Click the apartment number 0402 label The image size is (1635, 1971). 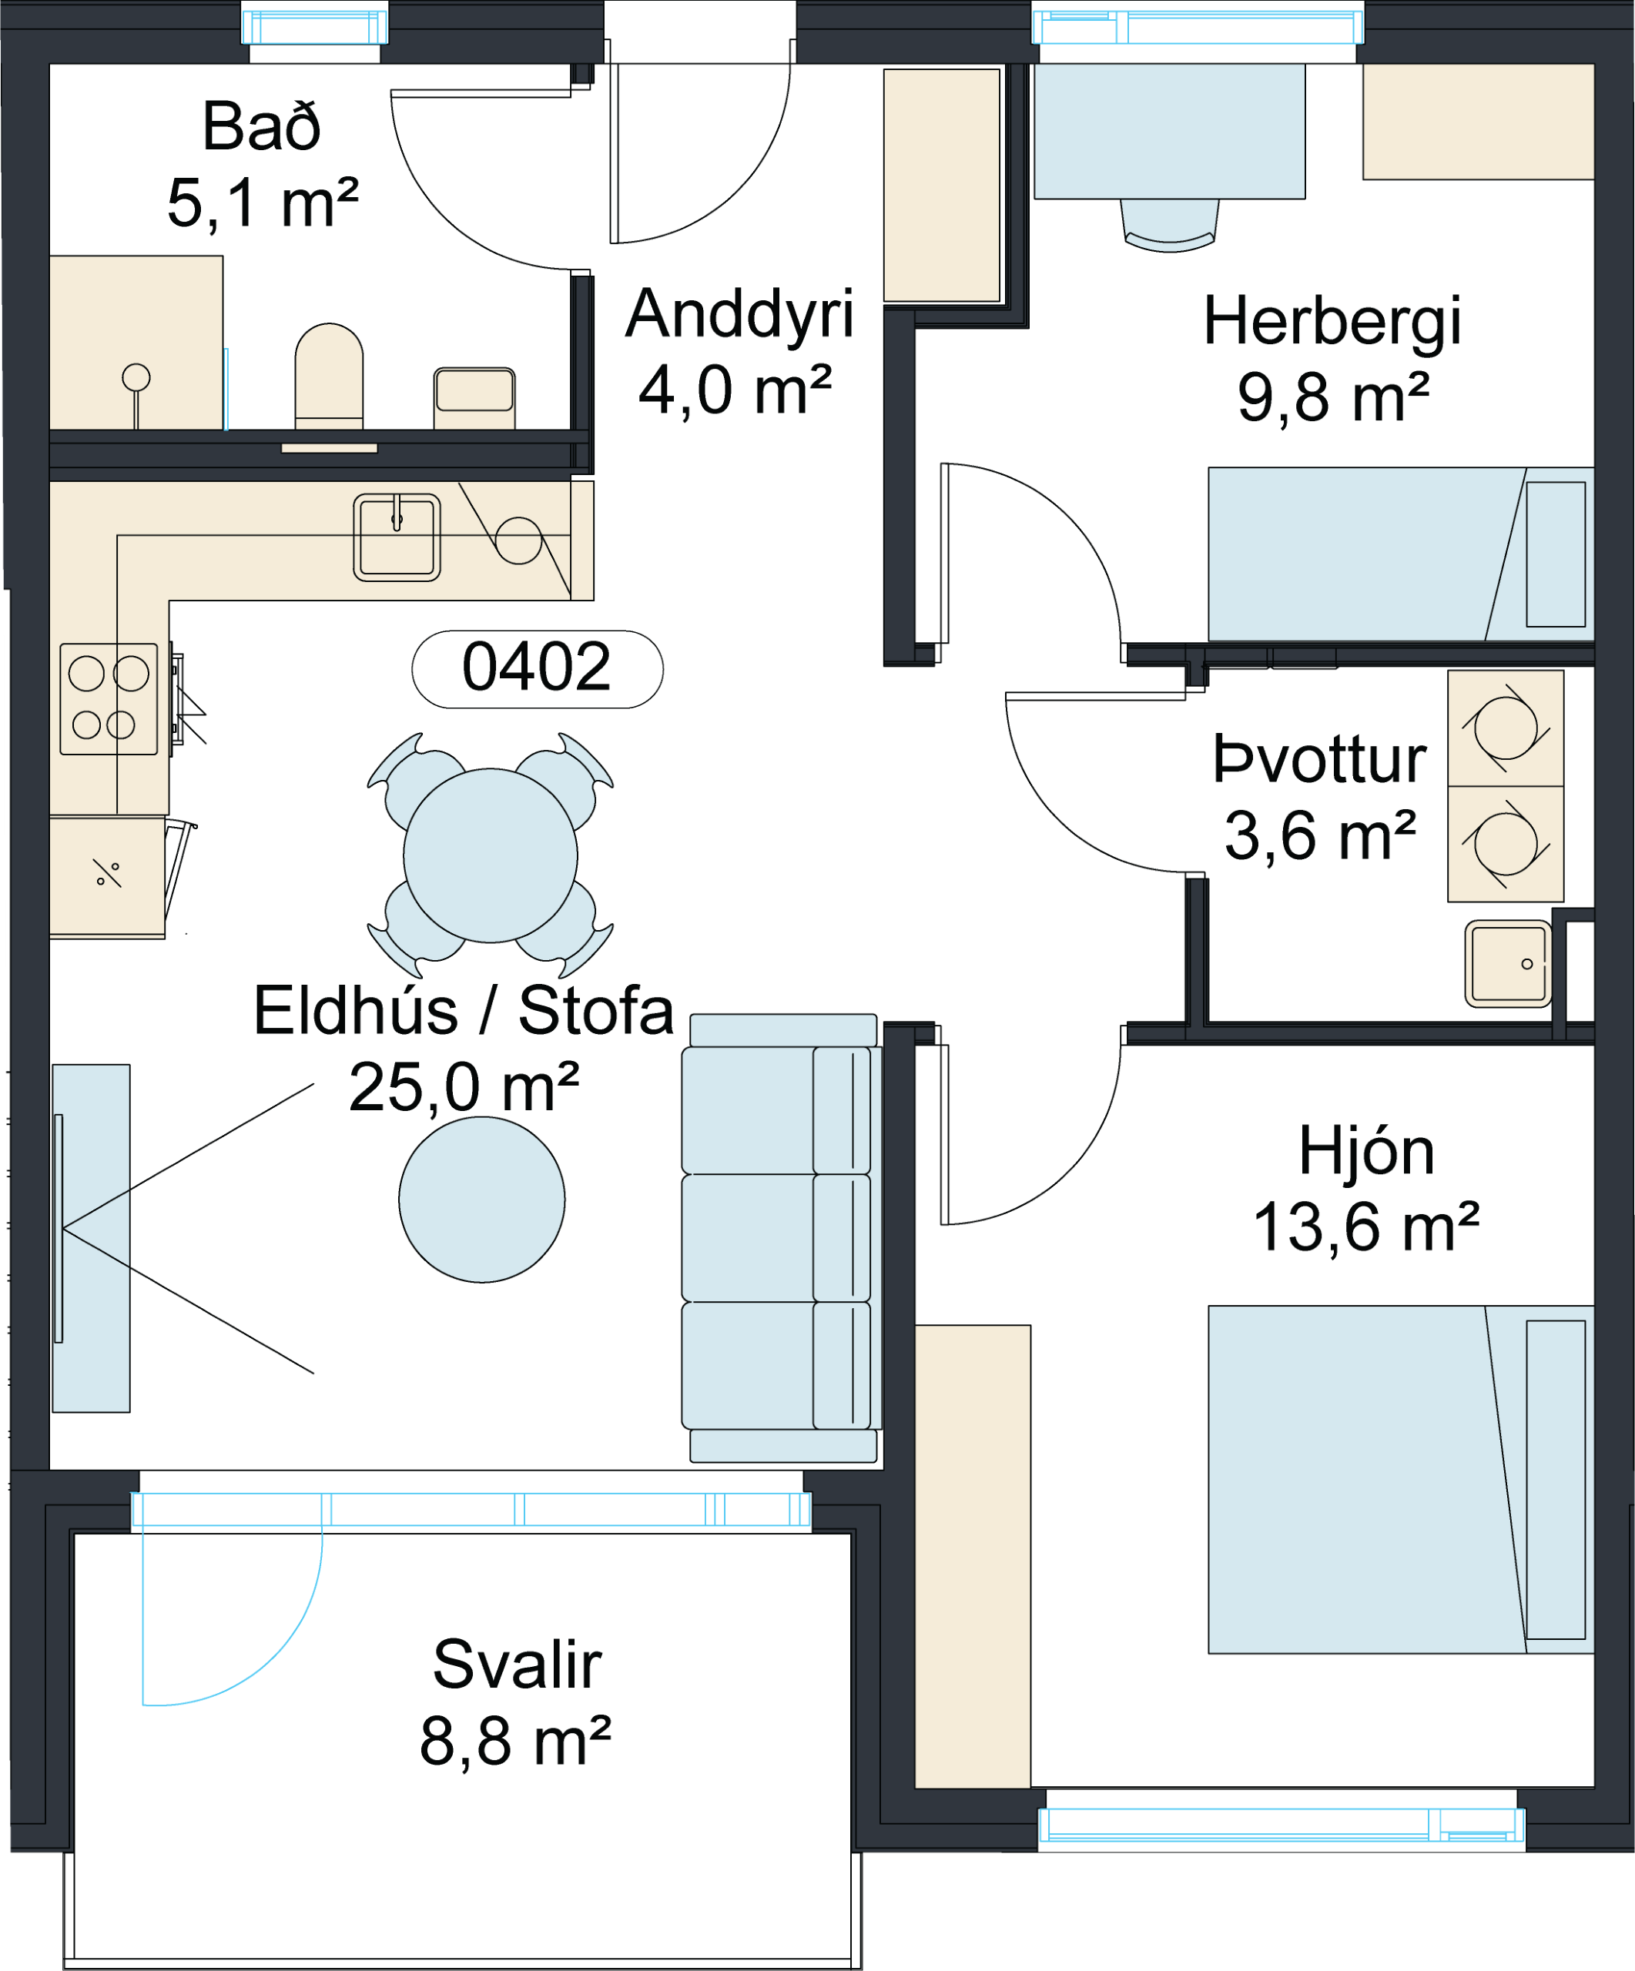[x=537, y=668]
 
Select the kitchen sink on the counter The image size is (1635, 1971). [x=397, y=537]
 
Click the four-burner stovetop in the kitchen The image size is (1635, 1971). [x=109, y=699]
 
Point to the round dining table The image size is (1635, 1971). [x=490, y=855]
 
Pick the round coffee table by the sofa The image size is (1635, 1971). [x=481, y=1200]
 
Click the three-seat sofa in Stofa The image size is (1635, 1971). [x=782, y=1238]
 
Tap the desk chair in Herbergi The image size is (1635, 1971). [x=1170, y=226]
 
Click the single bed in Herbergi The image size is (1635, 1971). [x=1400, y=554]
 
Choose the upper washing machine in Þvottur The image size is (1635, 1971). [x=1506, y=728]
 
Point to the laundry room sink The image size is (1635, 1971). [x=1508, y=963]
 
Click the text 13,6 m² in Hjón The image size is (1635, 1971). [x=1366, y=1226]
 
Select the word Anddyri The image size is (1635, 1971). [x=739, y=316]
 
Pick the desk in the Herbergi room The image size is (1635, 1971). [x=1170, y=132]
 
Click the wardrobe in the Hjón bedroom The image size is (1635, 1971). [x=973, y=1556]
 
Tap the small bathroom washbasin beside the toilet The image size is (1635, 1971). [x=474, y=398]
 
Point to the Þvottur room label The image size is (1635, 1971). [x=1320, y=758]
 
